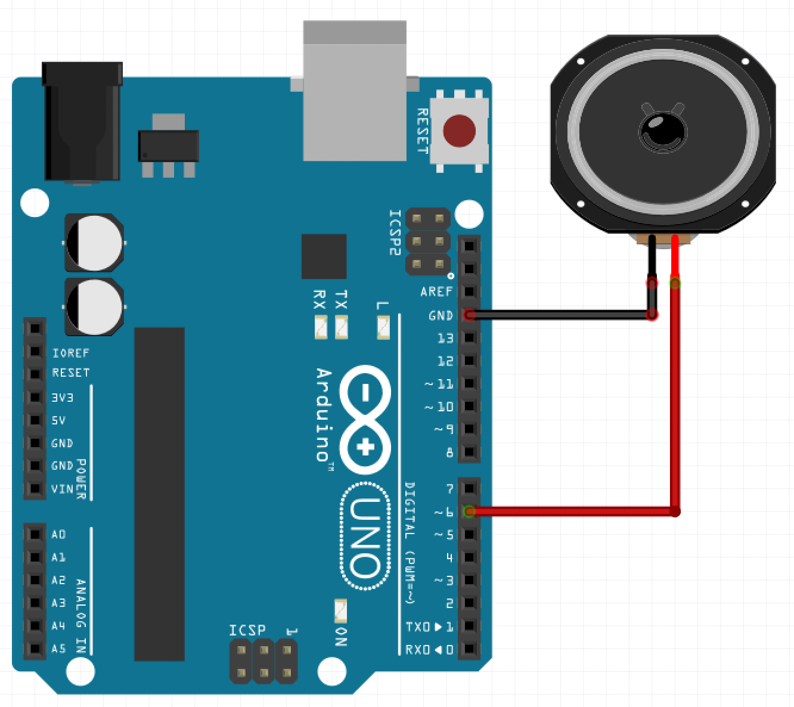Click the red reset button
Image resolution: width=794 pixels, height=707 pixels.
[x=460, y=130]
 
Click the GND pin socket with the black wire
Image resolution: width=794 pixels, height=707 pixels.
[x=470, y=315]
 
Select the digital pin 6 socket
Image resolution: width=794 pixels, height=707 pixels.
[x=470, y=511]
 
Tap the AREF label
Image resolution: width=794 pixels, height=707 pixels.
[x=437, y=292]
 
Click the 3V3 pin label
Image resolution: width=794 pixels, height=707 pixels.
[x=63, y=397]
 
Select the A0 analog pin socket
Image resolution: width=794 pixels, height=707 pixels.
[x=35, y=534]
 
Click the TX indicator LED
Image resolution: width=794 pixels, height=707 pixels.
[x=341, y=327]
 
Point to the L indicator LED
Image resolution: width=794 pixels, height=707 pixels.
[x=383, y=327]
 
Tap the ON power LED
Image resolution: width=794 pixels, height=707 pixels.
[x=340, y=610]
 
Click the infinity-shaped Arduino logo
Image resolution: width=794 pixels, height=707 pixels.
[x=365, y=417]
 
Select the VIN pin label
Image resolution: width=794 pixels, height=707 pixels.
[x=62, y=489]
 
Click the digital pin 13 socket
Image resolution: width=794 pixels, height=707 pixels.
[x=470, y=338]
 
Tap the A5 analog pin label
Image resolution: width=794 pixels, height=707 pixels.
[x=58, y=649]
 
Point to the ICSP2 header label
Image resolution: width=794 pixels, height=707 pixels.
[x=395, y=232]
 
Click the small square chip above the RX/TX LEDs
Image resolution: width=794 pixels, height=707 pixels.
[x=324, y=256]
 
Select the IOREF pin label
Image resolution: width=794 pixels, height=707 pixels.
[x=70, y=353]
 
